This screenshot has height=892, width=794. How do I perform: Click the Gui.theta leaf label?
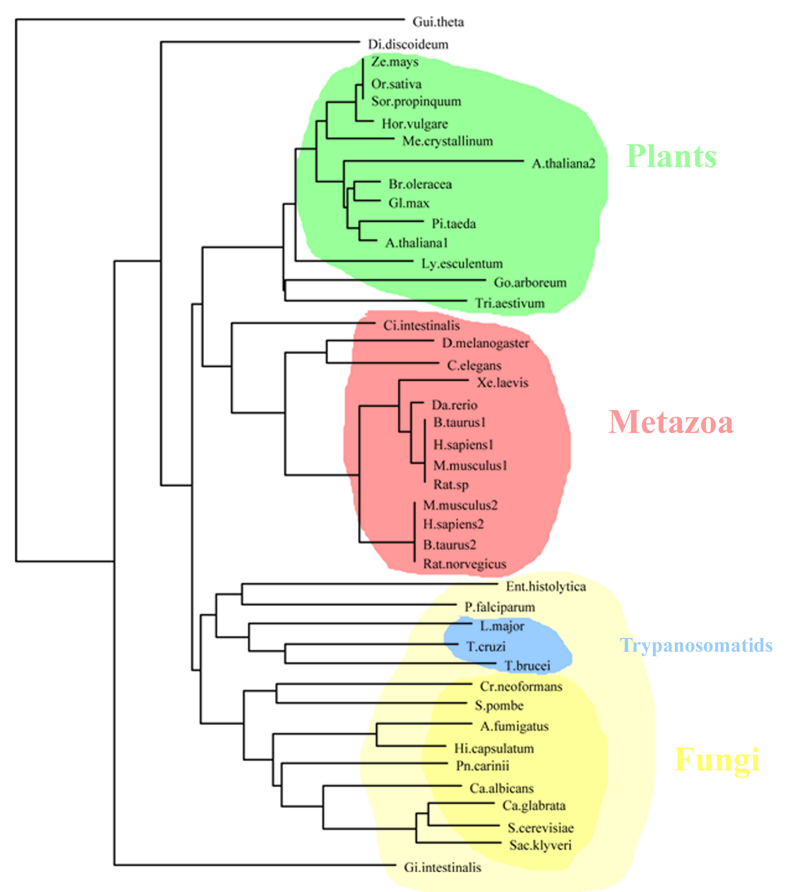438,22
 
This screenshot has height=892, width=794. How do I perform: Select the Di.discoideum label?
408,44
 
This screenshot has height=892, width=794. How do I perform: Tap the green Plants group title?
670,156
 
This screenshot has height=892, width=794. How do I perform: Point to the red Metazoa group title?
670,423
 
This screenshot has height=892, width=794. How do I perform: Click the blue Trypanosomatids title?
696,646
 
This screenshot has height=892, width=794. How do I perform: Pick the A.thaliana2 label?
563,164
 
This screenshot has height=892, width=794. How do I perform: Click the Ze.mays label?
395,62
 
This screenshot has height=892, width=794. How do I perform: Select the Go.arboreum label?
530,283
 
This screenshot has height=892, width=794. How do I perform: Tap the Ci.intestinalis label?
421,325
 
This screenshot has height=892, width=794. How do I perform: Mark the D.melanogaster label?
485,343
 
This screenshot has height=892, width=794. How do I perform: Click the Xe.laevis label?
502,383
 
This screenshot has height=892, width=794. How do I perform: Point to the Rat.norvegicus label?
464,564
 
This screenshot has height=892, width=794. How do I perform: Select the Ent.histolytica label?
545,586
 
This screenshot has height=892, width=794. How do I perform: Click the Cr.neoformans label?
521,686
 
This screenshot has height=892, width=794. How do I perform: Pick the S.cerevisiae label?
540,828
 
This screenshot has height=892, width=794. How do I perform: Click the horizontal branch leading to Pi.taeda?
391,221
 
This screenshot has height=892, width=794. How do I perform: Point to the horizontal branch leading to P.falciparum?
349,605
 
